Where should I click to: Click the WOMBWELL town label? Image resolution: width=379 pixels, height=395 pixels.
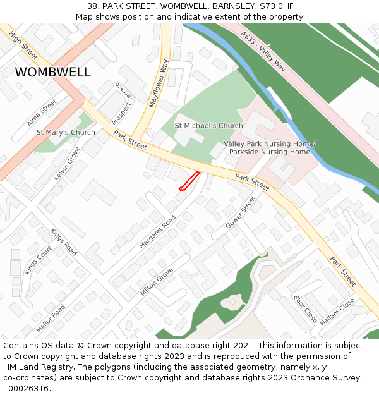pos(52,72)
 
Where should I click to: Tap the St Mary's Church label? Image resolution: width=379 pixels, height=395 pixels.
pos(66,132)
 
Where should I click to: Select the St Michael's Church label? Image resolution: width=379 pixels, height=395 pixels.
pos(208,126)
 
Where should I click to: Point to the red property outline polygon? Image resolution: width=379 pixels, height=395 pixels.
pos(189,181)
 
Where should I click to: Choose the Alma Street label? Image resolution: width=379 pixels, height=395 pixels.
pos(43,111)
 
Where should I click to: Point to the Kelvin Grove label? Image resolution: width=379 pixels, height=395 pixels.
pos(67,164)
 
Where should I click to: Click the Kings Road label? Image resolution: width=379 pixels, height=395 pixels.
pos(64,242)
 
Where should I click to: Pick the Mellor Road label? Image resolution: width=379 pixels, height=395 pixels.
pos(51,319)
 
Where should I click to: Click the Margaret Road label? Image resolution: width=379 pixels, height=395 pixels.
pos(159,231)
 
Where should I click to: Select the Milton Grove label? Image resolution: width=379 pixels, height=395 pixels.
pos(157,282)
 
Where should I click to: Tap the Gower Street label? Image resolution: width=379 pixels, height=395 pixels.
pos(241,212)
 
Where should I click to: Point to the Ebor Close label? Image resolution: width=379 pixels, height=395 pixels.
pos(305,308)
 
